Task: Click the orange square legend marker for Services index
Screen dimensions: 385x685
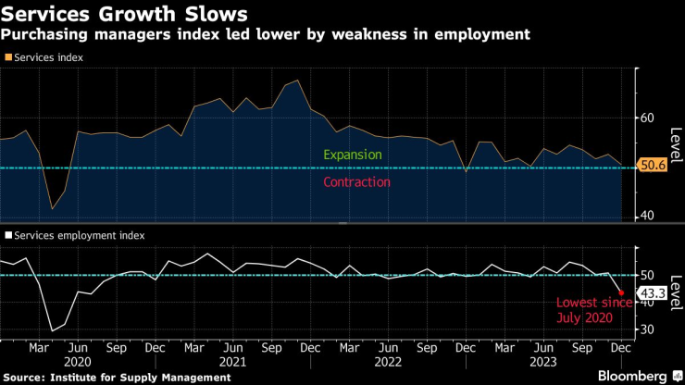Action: (x=8, y=57)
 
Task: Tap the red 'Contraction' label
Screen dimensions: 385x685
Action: (x=356, y=182)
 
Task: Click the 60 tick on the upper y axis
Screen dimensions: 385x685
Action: (x=647, y=118)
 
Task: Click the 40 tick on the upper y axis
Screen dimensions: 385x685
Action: (x=647, y=216)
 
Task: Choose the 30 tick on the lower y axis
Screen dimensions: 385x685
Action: (x=647, y=329)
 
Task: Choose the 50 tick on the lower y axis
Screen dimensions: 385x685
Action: (x=647, y=276)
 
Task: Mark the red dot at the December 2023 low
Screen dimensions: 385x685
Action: (x=620, y=293)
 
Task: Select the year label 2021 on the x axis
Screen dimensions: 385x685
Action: (x=231, y=362)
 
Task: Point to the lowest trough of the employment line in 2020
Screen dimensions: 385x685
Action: (x=52, y=330)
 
